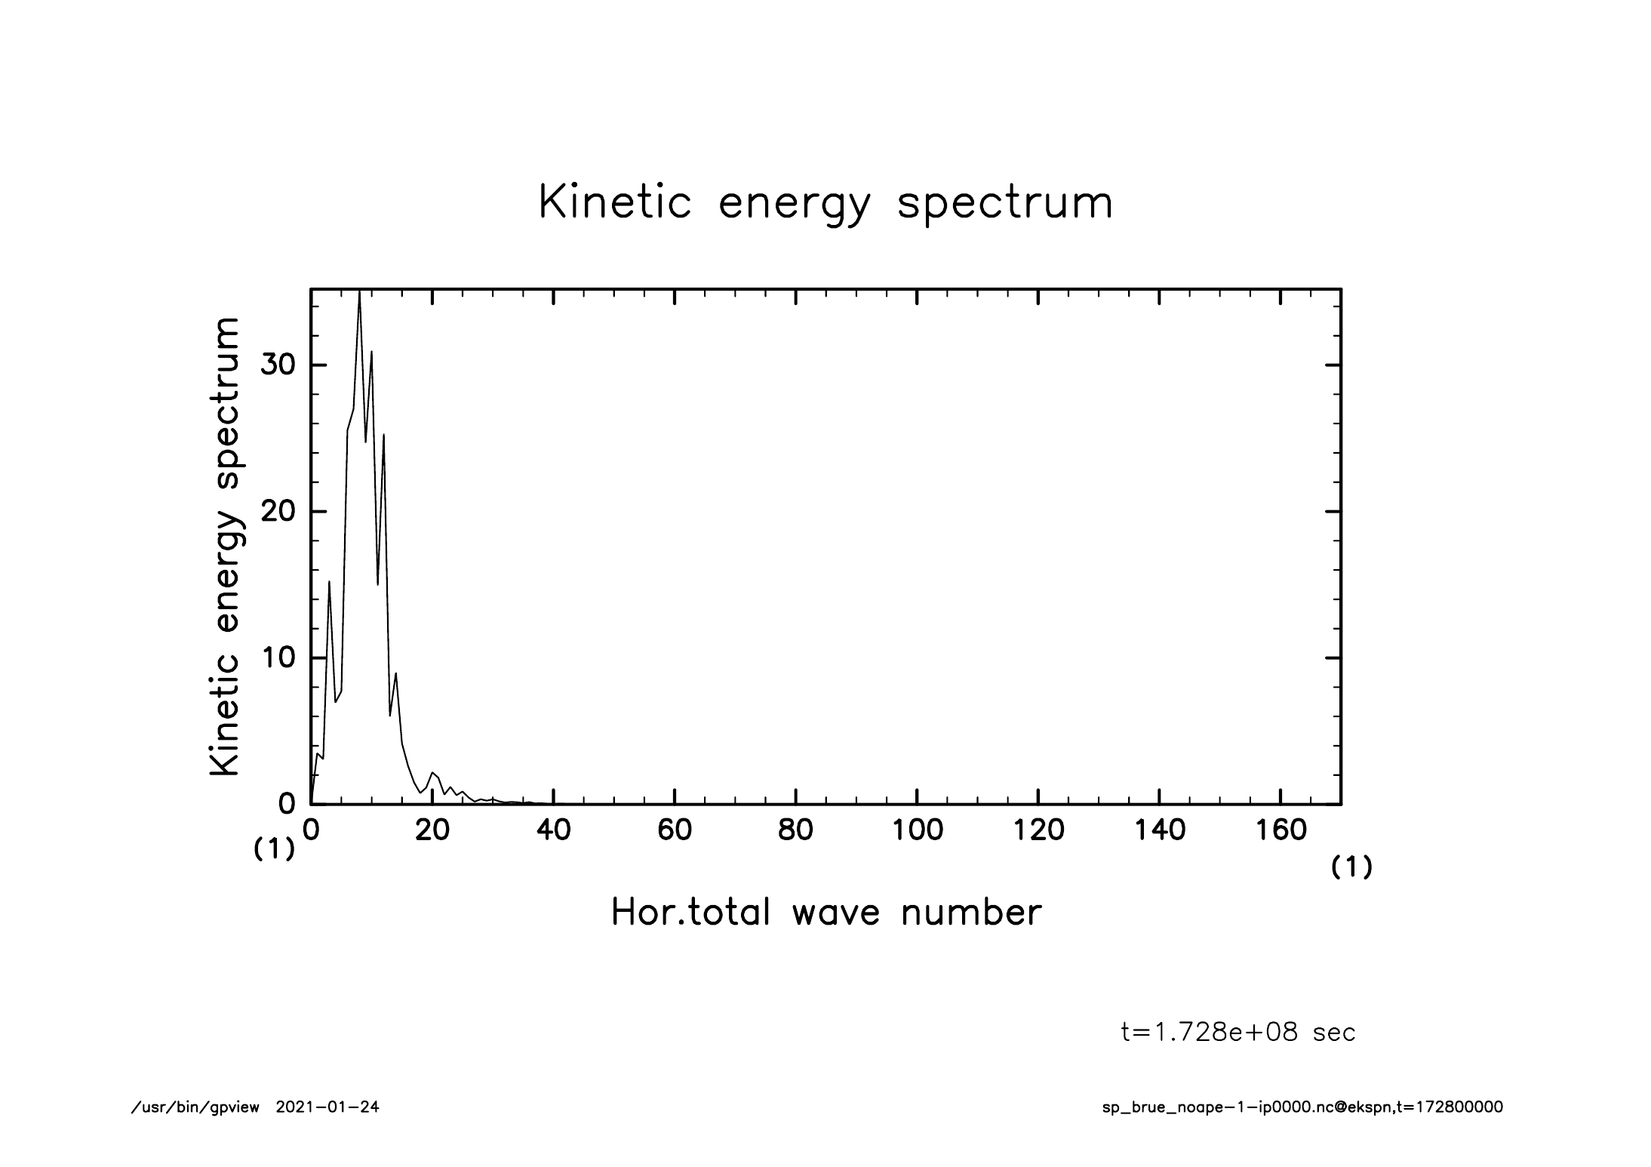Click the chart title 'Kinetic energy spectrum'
825,204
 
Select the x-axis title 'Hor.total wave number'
825,912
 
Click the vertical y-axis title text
225,547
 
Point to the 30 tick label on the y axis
277,365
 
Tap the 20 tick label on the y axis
277,512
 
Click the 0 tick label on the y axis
287,804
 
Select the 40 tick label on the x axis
553,830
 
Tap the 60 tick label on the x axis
675,830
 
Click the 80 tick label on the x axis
795,830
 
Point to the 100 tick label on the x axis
917,830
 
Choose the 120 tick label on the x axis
1038,830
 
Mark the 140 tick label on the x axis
1160,830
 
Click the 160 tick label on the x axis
1281,830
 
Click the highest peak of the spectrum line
360,293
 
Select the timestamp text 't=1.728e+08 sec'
1238,1033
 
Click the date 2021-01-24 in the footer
327,1107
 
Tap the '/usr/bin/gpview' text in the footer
195,1107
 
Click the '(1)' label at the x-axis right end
1351,868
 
